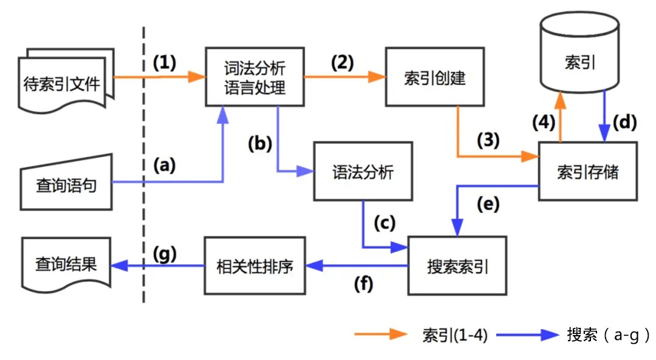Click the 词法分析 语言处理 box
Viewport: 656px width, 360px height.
tap(254, 78)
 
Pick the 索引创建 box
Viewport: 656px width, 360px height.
tap(434, 78)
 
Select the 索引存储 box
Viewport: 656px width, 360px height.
tap(587, 171)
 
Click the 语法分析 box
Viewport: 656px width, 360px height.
tap(363, 172)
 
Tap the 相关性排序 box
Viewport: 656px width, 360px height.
tap(254, 266)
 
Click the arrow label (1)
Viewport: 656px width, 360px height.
tap(164, 63)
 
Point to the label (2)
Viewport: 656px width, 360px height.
tap(342, 63)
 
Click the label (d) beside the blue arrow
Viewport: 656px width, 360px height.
tap(624, 122)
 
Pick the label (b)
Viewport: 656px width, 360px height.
tap(260, 144)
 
